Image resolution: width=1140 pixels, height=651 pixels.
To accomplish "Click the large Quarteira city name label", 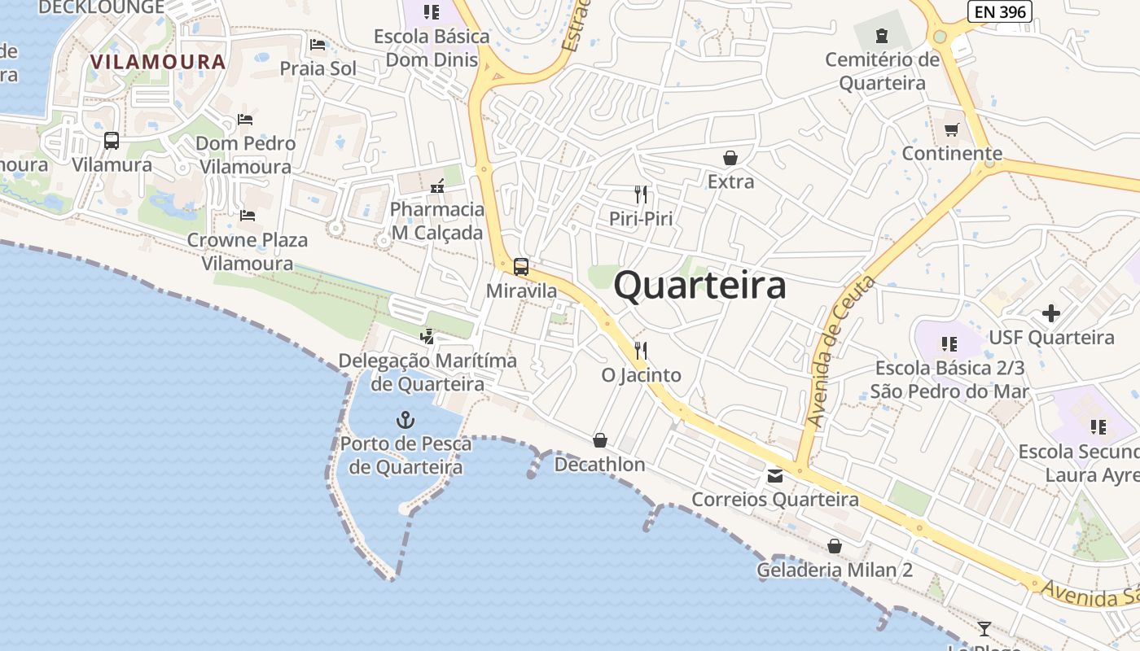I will (x=699, y=286).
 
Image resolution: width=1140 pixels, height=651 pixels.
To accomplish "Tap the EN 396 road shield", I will (x=1000, y=11).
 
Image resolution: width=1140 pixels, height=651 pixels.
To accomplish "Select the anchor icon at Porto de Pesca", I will (x=405, y=420).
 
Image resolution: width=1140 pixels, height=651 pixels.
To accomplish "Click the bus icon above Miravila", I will (x=521, y=266).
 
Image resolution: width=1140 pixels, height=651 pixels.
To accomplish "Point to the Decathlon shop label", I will (x=599, y=465).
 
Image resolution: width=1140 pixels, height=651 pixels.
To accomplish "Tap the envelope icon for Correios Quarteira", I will (x=775, y=476).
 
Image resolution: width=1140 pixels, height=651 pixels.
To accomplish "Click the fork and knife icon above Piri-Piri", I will (x=641, y=194).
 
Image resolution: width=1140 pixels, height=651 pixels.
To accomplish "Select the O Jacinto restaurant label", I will (x=641, y=375).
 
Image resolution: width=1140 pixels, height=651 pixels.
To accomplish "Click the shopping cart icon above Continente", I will (x=952, y=129).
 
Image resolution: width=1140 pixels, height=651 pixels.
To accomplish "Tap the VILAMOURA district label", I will (x=158, y=62).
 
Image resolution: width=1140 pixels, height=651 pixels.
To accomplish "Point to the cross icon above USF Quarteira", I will (x=1051, y=312).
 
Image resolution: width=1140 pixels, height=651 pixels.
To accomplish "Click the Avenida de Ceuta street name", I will (x=840, y=352).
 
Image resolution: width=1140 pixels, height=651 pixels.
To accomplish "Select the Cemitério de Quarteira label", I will (x=882, y=72).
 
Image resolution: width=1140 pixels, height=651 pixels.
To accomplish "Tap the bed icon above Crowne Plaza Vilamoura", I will (x=248, y=216).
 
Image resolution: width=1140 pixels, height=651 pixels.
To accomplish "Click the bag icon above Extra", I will (x=730, y=157).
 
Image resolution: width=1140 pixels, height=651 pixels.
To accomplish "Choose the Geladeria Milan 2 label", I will (x=835, y=570).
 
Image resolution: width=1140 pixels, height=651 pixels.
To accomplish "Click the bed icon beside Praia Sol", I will (x=318, y=45).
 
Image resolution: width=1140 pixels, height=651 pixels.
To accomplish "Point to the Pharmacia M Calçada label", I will (x=436, y=221).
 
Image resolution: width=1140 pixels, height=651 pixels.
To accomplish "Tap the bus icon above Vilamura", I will (x=112, y=141).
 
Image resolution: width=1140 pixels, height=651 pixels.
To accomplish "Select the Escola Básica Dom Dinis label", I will (x=432, y=48).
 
